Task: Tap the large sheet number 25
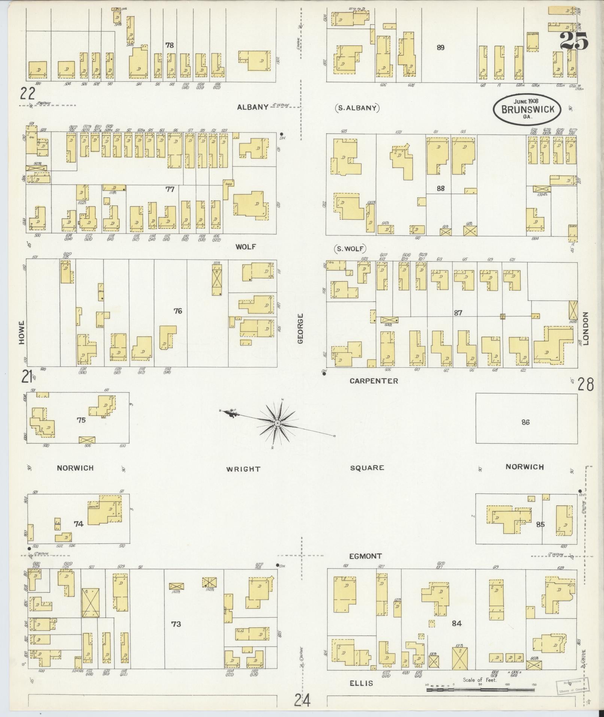[574, 41]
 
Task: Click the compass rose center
[277, 423]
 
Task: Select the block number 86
[525, 422]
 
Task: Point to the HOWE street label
[22, 332]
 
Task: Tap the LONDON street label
[586, 329]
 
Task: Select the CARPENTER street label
[374, 381]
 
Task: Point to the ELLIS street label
[361, 683]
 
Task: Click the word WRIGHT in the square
[243, 469]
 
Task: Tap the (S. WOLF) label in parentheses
[349, 248]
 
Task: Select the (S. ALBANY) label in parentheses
[356, 108]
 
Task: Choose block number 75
[81, 420]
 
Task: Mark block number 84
[456, 623]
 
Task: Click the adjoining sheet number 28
[585, 385]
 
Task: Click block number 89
[440, 48]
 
